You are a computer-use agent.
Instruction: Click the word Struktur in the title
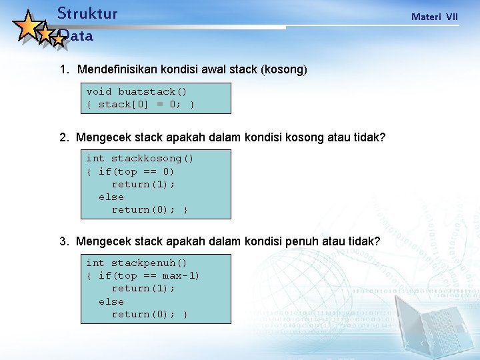[x=87, y=13]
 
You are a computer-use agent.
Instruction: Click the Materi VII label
[x=435, y=17]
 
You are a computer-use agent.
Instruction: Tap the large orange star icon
[x=28, y=26]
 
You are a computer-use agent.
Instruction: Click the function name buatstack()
[x=153, y=92]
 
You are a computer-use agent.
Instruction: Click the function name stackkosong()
[x=152, y=159]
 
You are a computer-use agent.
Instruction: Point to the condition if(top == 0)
[x=136, y=171]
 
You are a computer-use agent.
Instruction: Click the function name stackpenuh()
[x=149, y=263]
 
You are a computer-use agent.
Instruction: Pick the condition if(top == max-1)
[x=149, y=276]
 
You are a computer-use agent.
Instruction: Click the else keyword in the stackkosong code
[x=111, y=197]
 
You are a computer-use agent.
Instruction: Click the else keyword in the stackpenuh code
[x=111, y=301]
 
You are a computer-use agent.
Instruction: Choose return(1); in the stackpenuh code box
[x=143, y=289]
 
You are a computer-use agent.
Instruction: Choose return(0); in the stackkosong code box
[x=143, y=210]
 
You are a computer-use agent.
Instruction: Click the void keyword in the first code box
[x=99, y=92]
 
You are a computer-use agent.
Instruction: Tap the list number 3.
[x=63, y=241]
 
